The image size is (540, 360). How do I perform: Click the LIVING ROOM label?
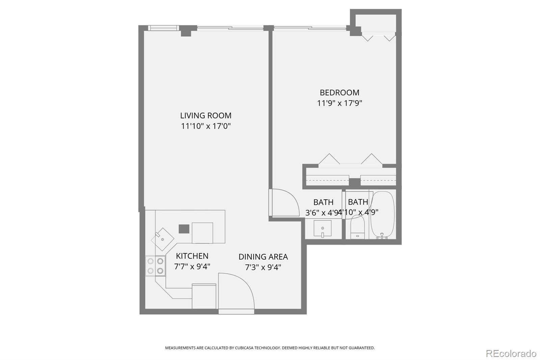(x=206, y=115)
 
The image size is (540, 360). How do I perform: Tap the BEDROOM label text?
(x=339, y=93)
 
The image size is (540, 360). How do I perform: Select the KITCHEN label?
(x=192, y=256)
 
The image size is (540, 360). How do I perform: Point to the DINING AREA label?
(x=263, y=257)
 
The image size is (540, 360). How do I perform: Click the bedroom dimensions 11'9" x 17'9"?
(x=339, y=103)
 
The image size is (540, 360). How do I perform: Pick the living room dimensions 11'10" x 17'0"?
(x=206, y=126)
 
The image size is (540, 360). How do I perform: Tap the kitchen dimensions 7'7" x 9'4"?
(x=192, y=266)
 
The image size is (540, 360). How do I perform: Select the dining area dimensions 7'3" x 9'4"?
(x=263, y=267)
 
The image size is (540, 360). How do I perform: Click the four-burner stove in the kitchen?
(x=155, y=266)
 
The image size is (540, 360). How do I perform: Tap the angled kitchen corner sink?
(x=162, y=239)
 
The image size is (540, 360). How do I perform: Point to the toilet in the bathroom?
(x=357, y=227)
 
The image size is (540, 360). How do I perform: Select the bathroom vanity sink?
(x=322, y=229)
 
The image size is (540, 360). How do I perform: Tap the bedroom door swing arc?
(x=285, y=203)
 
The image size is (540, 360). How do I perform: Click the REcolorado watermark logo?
(x=511, y=353)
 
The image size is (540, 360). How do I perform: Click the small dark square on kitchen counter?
(x=184, y=229)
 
